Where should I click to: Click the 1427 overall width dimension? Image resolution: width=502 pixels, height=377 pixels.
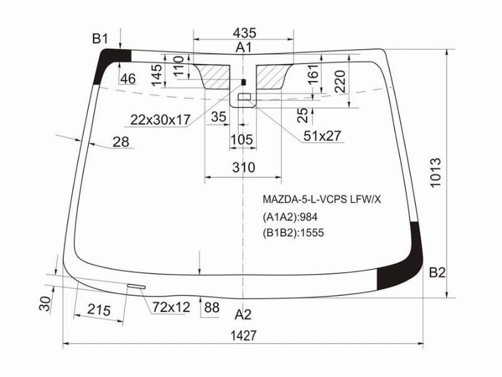(244, 336)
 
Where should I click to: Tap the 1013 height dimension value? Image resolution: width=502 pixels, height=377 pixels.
(436, 172)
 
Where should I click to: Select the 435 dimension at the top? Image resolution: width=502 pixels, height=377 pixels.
(244, 33)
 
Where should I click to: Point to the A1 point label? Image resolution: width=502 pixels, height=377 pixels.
(244, 47)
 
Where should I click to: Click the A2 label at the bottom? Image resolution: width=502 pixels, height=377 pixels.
(243, 315)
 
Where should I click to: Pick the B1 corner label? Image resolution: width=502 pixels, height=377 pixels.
(100, 39)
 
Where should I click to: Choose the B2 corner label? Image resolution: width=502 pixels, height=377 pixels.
(437, 273)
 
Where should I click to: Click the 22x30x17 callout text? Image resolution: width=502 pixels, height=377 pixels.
(160, 119)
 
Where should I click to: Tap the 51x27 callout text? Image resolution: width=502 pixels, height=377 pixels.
(322, 136)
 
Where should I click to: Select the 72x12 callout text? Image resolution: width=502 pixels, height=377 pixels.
(172, 307)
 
